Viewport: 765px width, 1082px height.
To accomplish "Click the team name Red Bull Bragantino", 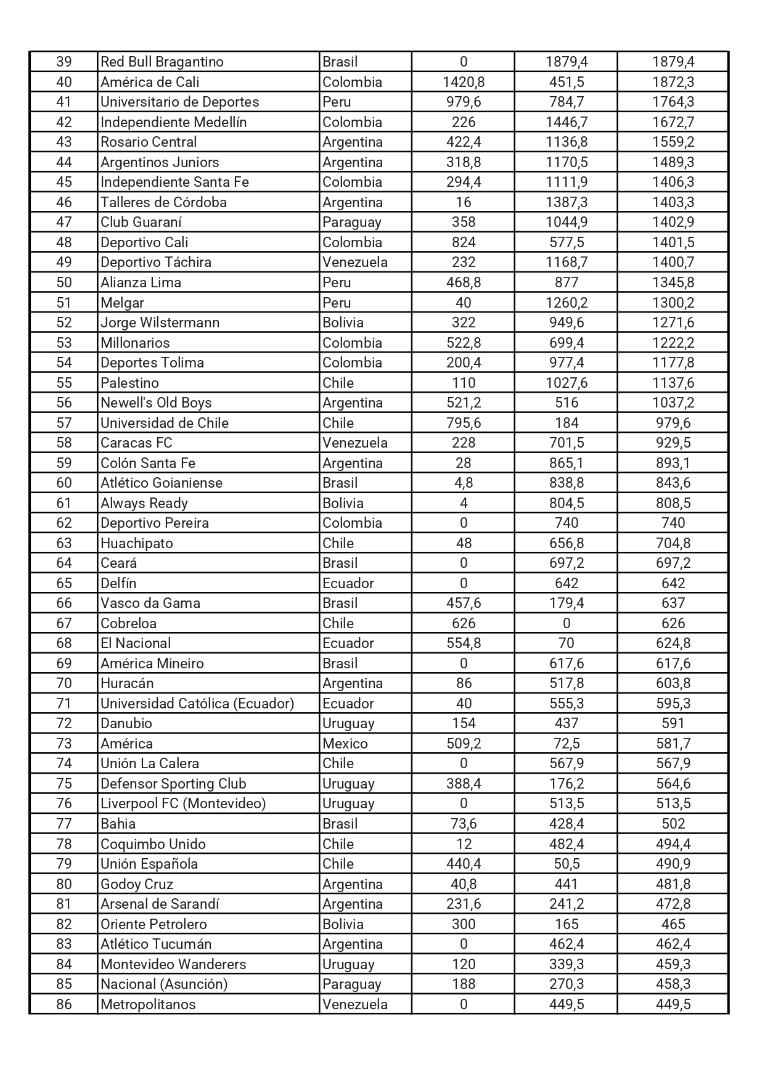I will click(162, 62).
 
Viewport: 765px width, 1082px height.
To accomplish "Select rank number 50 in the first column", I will click(64, 282).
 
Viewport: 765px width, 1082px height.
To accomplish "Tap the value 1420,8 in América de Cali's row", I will click(463, 82).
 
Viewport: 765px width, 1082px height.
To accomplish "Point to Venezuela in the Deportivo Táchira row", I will click(354, 262).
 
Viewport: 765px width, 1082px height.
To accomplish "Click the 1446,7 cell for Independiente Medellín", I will click(566, 122).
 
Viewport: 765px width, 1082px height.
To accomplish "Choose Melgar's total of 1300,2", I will click(673, 303).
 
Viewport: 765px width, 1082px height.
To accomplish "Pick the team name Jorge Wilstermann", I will click(160, 322).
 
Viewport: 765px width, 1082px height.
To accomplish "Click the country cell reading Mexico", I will click(345, 744).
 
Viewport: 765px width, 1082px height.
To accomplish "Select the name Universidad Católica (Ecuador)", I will click(197, 703).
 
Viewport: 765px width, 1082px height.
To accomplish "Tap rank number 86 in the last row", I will click(64, 1004).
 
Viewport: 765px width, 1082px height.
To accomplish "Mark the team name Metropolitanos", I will click(148, 1004).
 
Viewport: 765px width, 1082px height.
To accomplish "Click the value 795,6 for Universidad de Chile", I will click(463, 423).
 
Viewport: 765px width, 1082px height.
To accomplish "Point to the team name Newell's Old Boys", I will click(156, 403).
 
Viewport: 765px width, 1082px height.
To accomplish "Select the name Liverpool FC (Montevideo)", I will click(183, 803).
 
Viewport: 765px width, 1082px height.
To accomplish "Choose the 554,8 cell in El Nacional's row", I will click(463, 643).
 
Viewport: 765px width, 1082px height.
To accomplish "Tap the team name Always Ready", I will click(144, 503).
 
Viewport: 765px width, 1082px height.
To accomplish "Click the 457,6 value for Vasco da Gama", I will click(463, 603).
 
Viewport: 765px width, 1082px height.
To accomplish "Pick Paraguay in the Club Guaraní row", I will click(351, 222).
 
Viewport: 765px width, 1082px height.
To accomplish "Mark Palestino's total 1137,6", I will click(673, 383).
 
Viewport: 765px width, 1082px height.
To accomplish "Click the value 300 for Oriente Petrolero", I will click(463, 924).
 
